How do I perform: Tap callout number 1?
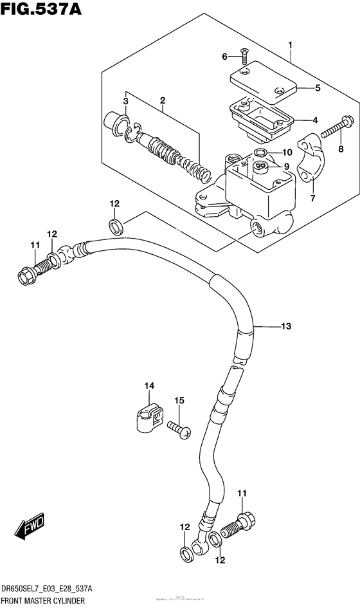[x=291, y=44]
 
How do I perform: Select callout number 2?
[x=163, y=100]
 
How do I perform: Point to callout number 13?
[x=286, y=327]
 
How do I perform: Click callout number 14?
[x=149, y=386]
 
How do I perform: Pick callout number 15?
[x=179, y=401]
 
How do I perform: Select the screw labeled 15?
[x=178, y=428]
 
